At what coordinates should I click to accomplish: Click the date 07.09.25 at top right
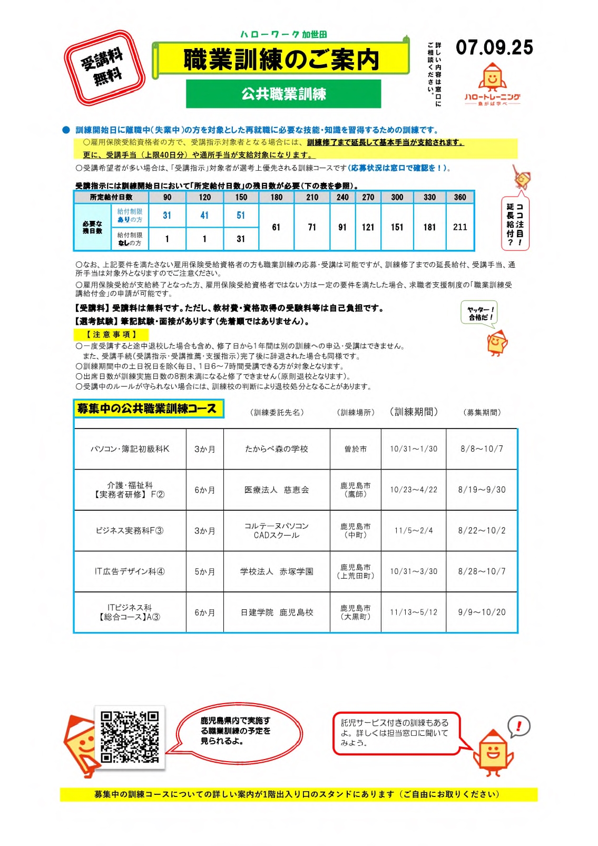click(x=494, y=47)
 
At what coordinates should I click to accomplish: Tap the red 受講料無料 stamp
click(x=104, y=67)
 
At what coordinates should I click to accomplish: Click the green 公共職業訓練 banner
click(x=283, y=94)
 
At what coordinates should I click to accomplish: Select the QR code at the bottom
click(x=130, y=737)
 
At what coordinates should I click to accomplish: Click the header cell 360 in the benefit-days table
click(x=460, y=197)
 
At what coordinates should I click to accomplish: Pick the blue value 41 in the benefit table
click(x=204, y=215)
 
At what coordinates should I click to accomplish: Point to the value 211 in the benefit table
click(x=460, y=227)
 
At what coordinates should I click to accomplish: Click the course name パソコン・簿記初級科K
click(x=130, y=449)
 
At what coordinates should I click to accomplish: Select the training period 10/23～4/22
click(x=414, y=490)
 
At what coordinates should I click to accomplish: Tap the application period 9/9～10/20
click(x=482, y=612)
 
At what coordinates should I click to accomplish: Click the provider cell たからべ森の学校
click(x=277, y=449)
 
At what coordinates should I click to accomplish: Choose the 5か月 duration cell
click(x=204, y=571)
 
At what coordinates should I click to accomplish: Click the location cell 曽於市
click(x=356, y=449)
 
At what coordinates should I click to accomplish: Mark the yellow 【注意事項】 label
click(x=111, y=334)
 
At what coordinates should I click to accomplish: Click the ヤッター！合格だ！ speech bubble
click(x=479, y=314)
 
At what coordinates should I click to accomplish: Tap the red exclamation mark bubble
click(x=518, y=726)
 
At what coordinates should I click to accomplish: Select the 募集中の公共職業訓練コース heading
click(x=148, y=409)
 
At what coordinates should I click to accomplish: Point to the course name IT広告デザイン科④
click(x=130, y=571)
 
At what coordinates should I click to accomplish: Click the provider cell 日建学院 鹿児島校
click(x=277, y=612)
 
